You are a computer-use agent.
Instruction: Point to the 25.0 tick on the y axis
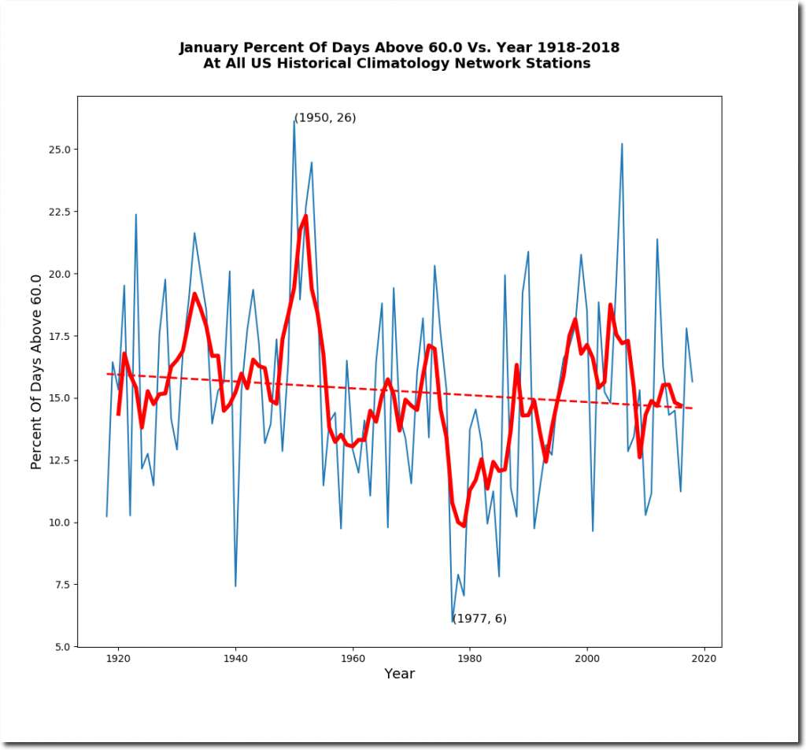pyautogui.click(x=59, y=150)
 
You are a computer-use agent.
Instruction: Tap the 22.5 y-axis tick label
pyautogui.click(x=59, y=212)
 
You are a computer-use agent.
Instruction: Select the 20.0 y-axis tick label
pyautogui.click(x=59, y=274)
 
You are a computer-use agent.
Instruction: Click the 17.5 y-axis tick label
pyautogui.click(x=59, y=336)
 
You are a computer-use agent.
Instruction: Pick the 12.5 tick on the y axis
pyautogui.click(x=59, y=460)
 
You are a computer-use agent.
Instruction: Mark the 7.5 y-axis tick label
pyautogui.click(x=62, y=585)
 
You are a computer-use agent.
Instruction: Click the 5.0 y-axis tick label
pyautogui.click(x=62, y=647)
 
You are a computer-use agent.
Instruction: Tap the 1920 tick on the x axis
pyautogui.click(x=118, y=659)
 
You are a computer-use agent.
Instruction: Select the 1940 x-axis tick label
pyautogui.click(x=235, y=659)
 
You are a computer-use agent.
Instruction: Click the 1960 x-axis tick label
pyautogui.click(x=353, y=659)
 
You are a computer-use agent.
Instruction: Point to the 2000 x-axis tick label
pyautogui.click(x=587, y=659)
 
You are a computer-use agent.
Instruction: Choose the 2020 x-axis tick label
pyautogui.click(x=704, y=659)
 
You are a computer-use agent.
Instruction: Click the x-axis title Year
pyautogui.click(x=399, y=674)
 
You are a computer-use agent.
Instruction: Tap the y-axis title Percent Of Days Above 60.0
pyautogui.click(x=35, y=371)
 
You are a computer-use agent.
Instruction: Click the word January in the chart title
pyautogui.click(x=208, y=48)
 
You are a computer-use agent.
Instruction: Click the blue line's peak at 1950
pyautogui.click(x=294, y=120)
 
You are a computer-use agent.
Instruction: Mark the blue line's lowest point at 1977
pyautogui.click(x=453, y=622)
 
